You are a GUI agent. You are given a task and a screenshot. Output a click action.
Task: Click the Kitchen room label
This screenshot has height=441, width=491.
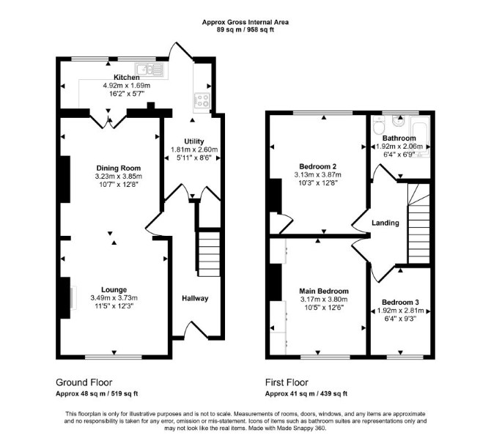click(127, 77)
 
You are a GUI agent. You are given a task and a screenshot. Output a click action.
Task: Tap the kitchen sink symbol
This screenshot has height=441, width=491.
click(149, 70)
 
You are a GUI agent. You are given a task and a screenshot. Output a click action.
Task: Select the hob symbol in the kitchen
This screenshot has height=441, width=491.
click(202, 100)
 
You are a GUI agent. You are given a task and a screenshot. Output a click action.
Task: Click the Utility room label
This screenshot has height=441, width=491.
click(193, 141)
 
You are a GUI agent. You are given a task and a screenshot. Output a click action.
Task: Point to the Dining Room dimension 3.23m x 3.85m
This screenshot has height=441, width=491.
click(119, 177)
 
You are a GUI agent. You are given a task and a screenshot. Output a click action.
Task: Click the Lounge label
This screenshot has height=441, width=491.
click(114, 289)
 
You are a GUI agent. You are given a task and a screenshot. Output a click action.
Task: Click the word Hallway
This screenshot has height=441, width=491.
click(195, 298)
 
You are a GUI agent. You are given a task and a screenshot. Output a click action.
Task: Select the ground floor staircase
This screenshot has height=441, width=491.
click(209, 254)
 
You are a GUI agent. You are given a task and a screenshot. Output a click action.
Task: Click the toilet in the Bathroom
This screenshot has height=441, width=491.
click(379, 125)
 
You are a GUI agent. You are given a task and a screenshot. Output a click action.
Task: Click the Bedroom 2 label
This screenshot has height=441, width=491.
click(317, 166)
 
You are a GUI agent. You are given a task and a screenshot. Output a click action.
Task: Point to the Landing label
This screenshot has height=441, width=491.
click(385, 223)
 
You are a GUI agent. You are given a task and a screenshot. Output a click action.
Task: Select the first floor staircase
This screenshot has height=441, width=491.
click(418, 223)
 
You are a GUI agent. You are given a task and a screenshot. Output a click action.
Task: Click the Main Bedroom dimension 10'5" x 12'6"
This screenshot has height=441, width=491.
click(324, 308)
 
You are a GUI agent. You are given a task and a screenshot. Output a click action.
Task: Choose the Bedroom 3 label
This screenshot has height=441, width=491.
click(400, 303)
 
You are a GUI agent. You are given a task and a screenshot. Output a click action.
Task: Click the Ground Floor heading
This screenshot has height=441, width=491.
click(84, 382)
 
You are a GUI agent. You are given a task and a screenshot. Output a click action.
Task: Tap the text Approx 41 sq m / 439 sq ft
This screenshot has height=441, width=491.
click(306, 393)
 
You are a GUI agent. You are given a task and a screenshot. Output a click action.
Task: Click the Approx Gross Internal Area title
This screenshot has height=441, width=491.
click(245, 22)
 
